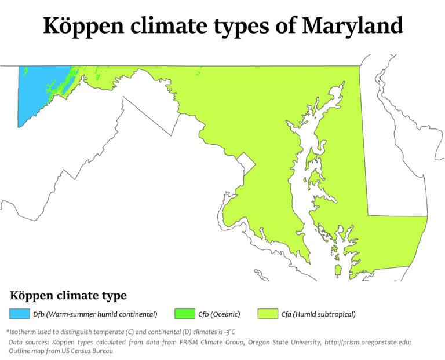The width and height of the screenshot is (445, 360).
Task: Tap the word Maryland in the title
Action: click(x=353, y=26)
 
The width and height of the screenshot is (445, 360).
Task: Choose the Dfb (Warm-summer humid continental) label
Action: click(x=95, y=314)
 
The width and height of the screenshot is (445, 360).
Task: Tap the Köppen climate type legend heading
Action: click(x=68, y=296)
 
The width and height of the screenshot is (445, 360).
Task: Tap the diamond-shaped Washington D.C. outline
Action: click(x=245, y=163)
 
